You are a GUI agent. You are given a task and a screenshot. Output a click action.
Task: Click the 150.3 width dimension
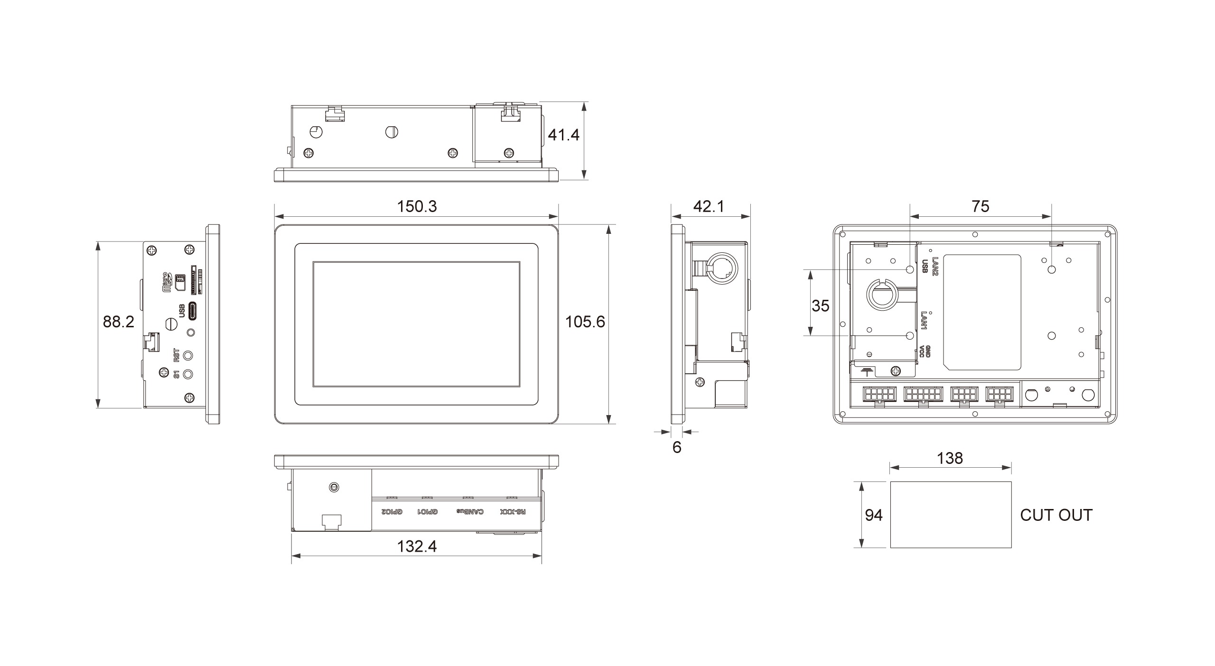(417, 206)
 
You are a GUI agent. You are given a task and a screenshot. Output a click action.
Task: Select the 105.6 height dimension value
(585, 322)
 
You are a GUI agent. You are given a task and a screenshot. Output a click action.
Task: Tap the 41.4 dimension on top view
(563, 135)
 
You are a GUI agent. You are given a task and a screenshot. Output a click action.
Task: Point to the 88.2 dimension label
(119, 322)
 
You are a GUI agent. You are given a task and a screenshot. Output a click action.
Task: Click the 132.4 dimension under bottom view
(417, 546)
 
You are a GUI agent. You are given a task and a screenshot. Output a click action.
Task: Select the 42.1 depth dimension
(709, 206)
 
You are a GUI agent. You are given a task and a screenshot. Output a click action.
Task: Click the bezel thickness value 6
(677, 447)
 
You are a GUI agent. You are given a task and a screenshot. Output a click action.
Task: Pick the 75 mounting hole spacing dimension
(980, 206)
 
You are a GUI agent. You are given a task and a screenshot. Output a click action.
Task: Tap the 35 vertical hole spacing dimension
(820, 306)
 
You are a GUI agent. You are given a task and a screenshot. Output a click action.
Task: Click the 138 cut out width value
(950, 458)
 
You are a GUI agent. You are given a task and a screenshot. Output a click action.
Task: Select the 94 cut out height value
(873, 515)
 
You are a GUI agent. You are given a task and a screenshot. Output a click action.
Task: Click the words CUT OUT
(1056, 515)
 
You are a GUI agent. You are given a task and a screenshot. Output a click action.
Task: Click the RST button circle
(189, 355)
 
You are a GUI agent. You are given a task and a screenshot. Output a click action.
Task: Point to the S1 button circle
(189, 374)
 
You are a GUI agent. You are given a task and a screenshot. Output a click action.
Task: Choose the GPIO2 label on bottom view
(392, 512)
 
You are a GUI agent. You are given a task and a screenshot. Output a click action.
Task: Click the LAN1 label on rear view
(924, 321)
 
